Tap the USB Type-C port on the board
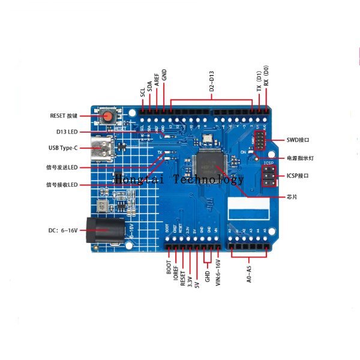[x=100, y=147]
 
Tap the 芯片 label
[x=292, y=197]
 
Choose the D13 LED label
[x=63, y=131]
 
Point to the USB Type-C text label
[x=63, y=148]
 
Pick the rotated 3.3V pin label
[x=190, y=271]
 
